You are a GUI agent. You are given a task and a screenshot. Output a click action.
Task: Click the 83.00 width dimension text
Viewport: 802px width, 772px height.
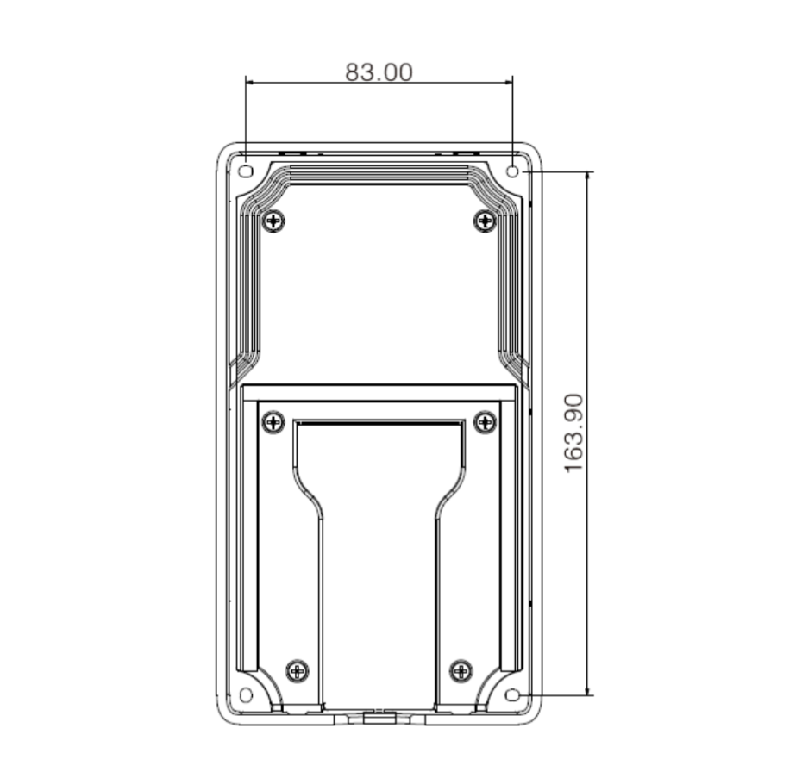pos(379,72)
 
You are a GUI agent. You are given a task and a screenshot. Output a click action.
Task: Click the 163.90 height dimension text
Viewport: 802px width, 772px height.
pos(574,433)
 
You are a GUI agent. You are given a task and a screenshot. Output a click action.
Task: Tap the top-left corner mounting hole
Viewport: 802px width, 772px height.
pos(245,171)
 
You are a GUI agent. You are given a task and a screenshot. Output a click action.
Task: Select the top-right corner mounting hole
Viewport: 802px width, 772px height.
pos(512,171)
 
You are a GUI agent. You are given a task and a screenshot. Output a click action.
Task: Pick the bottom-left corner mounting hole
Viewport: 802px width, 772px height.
pos(246,694)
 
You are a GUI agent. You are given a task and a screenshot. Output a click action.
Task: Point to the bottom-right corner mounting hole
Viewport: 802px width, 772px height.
pos(513,694)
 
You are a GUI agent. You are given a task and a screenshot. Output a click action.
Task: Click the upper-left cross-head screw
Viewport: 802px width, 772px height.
pos(274,221)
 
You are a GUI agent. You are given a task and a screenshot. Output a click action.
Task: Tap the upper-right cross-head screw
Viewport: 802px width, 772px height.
pos(485,221)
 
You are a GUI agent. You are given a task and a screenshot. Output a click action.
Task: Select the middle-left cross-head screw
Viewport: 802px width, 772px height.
pos(273,421)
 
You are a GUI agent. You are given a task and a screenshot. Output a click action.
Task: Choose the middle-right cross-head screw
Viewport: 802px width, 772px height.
pos(486,421)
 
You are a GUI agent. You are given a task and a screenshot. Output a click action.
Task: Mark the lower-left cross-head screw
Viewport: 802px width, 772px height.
pos(298,669)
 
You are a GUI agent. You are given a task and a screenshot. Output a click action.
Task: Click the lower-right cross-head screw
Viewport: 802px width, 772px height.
pos(461,669)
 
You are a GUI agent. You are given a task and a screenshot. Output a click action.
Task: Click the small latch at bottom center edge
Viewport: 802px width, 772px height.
pos(379,715)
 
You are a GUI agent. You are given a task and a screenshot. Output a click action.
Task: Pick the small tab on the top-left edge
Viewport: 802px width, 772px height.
pos(292,152)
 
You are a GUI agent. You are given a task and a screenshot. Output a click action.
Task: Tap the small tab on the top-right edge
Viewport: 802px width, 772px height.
pos(467,152)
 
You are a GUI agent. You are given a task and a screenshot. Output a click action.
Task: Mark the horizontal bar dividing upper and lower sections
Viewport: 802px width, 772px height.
pos(379,393)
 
